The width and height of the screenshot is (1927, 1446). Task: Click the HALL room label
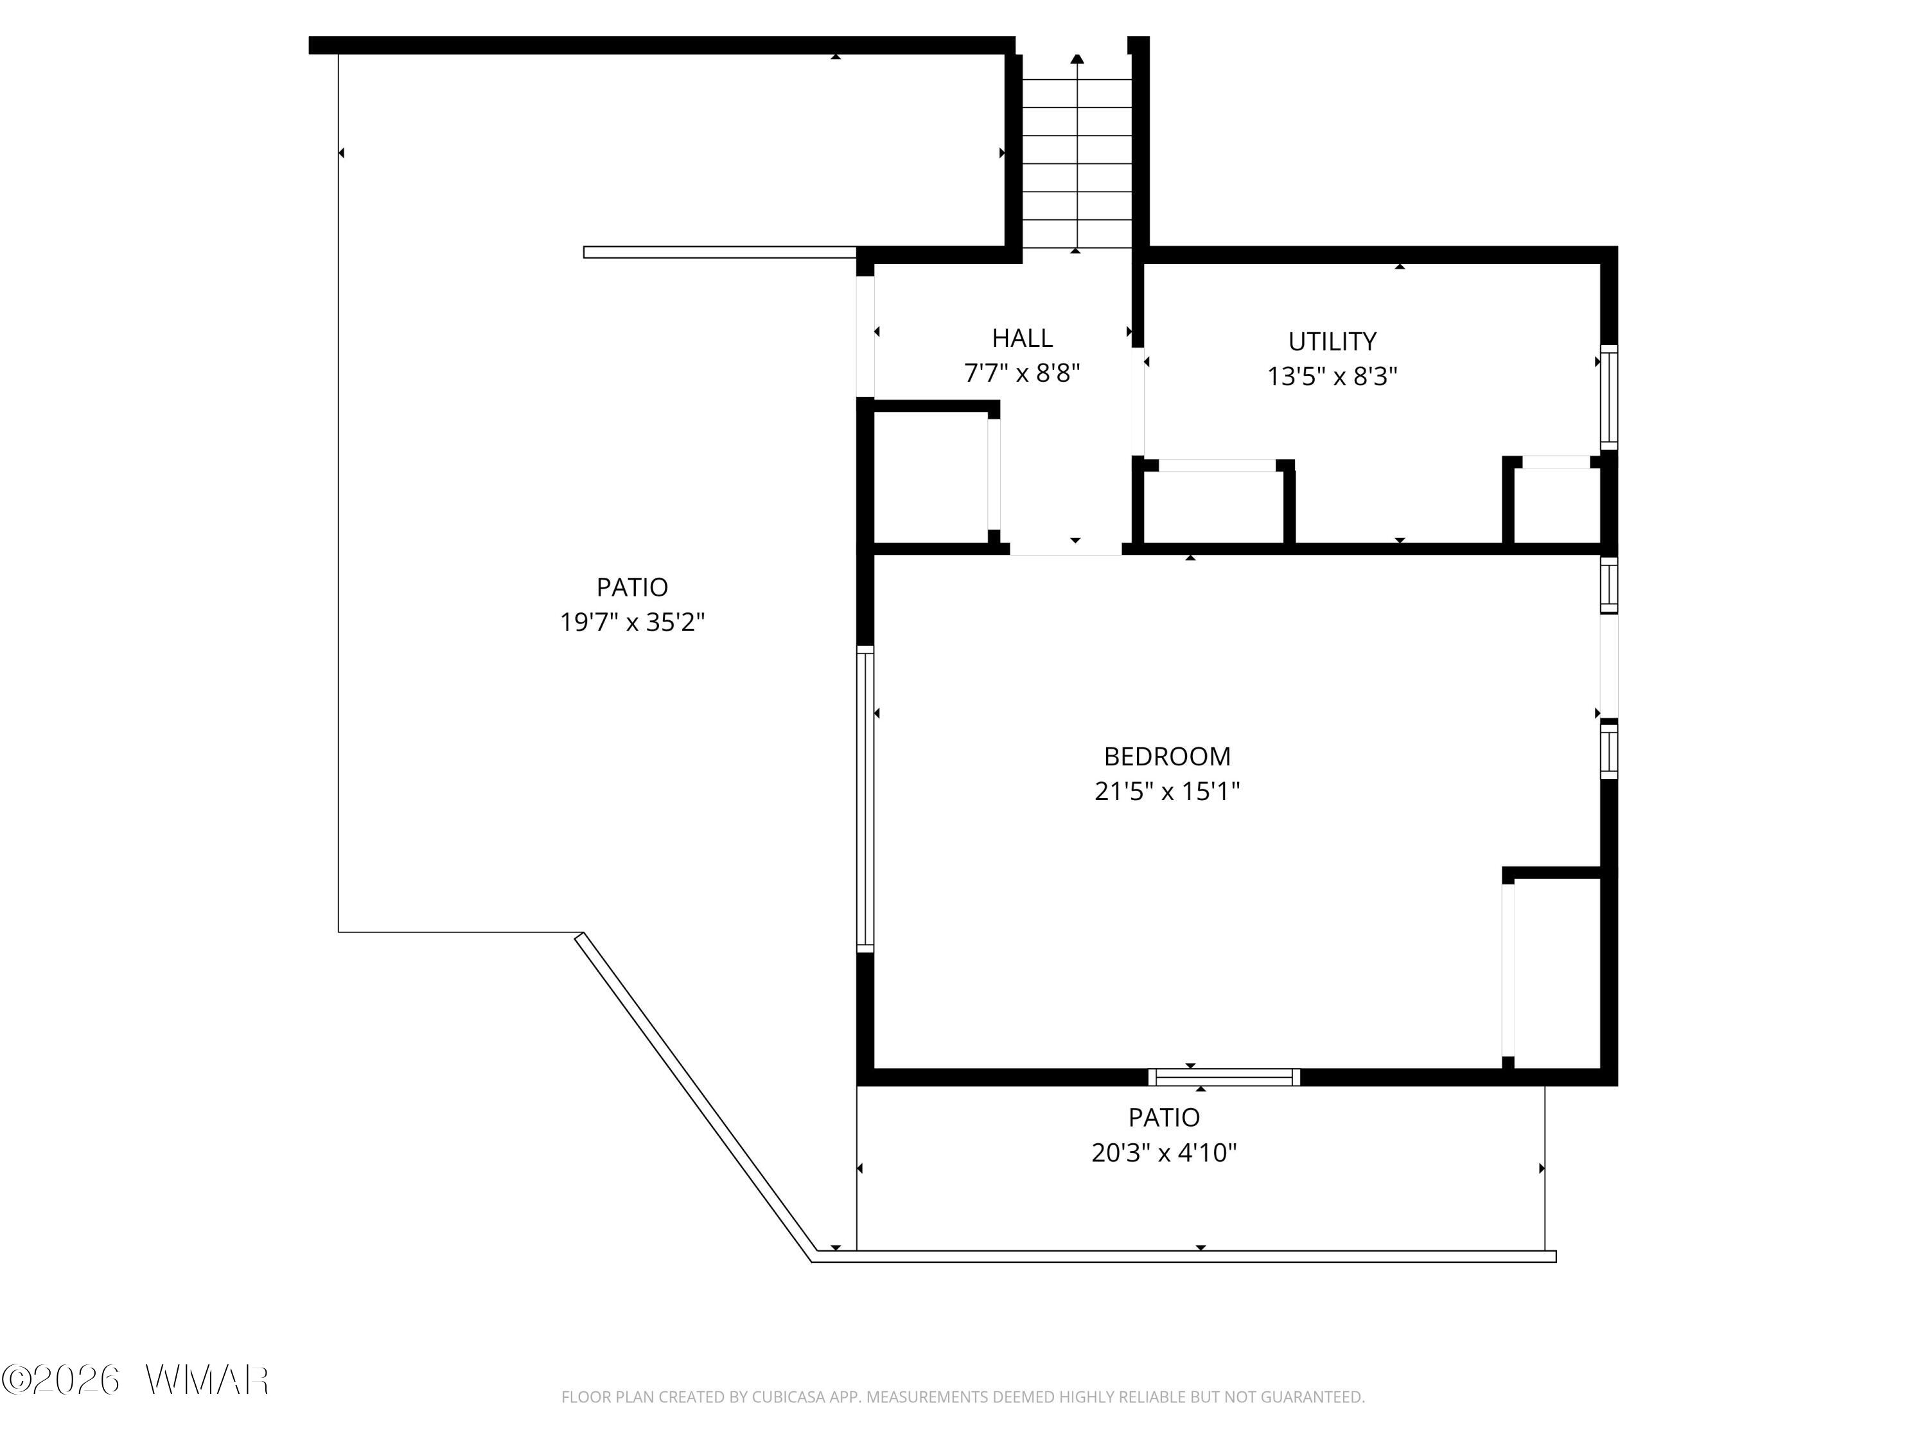click(x=1022, y=337)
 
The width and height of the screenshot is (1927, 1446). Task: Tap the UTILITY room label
click(x=1332, y=341)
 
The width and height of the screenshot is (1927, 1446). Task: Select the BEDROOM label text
click(x=1166, y=756)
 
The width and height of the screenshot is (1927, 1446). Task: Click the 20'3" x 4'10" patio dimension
click(x=1164, y=1153)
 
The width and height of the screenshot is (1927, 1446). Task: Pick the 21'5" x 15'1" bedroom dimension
click(x=1166, y=791)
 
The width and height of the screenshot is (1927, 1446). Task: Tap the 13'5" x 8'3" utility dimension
click(x=1332, y=377)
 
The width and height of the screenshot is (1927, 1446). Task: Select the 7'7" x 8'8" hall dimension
click(x=1022, y=373)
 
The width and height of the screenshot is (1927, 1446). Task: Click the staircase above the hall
click(x=1077, y=152)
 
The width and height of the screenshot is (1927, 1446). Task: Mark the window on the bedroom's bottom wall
click(x=1224, y=1077)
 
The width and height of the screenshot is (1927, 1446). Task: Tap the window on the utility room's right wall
click(x=1609, y=397)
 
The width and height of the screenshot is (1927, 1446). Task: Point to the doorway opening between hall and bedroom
click(x=1066, y=549)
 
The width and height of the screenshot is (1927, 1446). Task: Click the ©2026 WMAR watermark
click(x=135, y=1380)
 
